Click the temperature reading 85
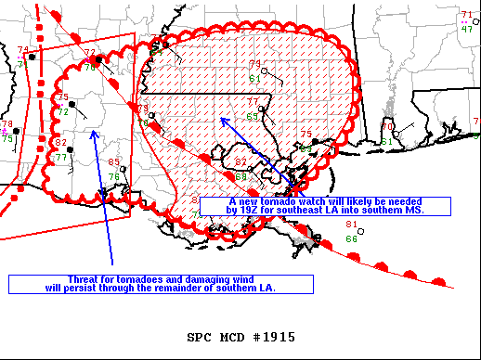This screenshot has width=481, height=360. (x=113, y=162)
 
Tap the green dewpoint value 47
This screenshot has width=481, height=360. (x=466, y=29)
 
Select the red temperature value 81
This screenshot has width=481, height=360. (x=351, y=225)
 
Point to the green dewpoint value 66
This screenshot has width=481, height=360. (x=351, y=238)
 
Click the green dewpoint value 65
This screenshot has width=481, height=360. (x=253, y=116)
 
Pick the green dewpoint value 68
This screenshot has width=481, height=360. (x=241, y=176)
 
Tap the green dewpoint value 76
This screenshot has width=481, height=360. (x=113, y=176)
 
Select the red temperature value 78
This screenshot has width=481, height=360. (x=7, y=124)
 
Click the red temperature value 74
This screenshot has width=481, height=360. (x=23, y=50)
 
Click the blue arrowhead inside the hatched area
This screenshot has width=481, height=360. (x=222, y=119)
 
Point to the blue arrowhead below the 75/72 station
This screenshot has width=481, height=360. (x=94, y=133)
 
